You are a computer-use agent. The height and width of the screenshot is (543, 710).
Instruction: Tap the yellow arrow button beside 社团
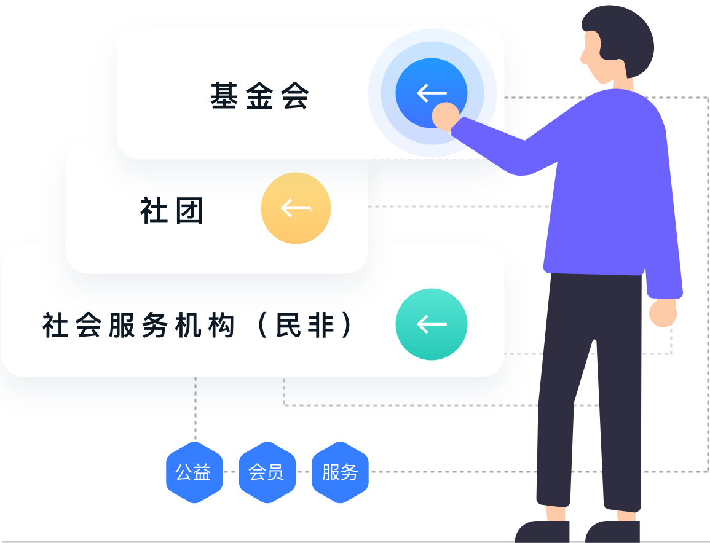coord(296,208)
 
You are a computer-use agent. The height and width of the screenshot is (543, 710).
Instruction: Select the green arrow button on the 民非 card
coord(431,324)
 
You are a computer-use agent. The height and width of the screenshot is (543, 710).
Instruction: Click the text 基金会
coord(259,96)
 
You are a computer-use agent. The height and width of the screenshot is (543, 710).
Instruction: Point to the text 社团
coord(172,211)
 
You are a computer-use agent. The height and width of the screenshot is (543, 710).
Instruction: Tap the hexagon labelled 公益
coord(193,472)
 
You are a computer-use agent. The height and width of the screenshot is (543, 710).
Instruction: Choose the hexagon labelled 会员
coord(266,472)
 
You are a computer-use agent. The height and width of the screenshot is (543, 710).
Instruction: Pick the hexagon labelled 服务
coord(340,472)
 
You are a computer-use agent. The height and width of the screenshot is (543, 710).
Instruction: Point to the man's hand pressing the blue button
coord(445,115)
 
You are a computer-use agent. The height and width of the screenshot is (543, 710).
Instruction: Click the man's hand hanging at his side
coord(663,312)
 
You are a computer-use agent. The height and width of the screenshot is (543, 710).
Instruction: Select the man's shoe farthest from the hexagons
coord(612,531)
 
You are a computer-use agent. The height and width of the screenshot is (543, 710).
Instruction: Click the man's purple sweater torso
coord(605,184)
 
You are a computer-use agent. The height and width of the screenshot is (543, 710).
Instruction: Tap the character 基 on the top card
coord(224,96)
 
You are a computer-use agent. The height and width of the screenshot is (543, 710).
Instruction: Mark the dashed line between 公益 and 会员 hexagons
coord(230,472)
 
